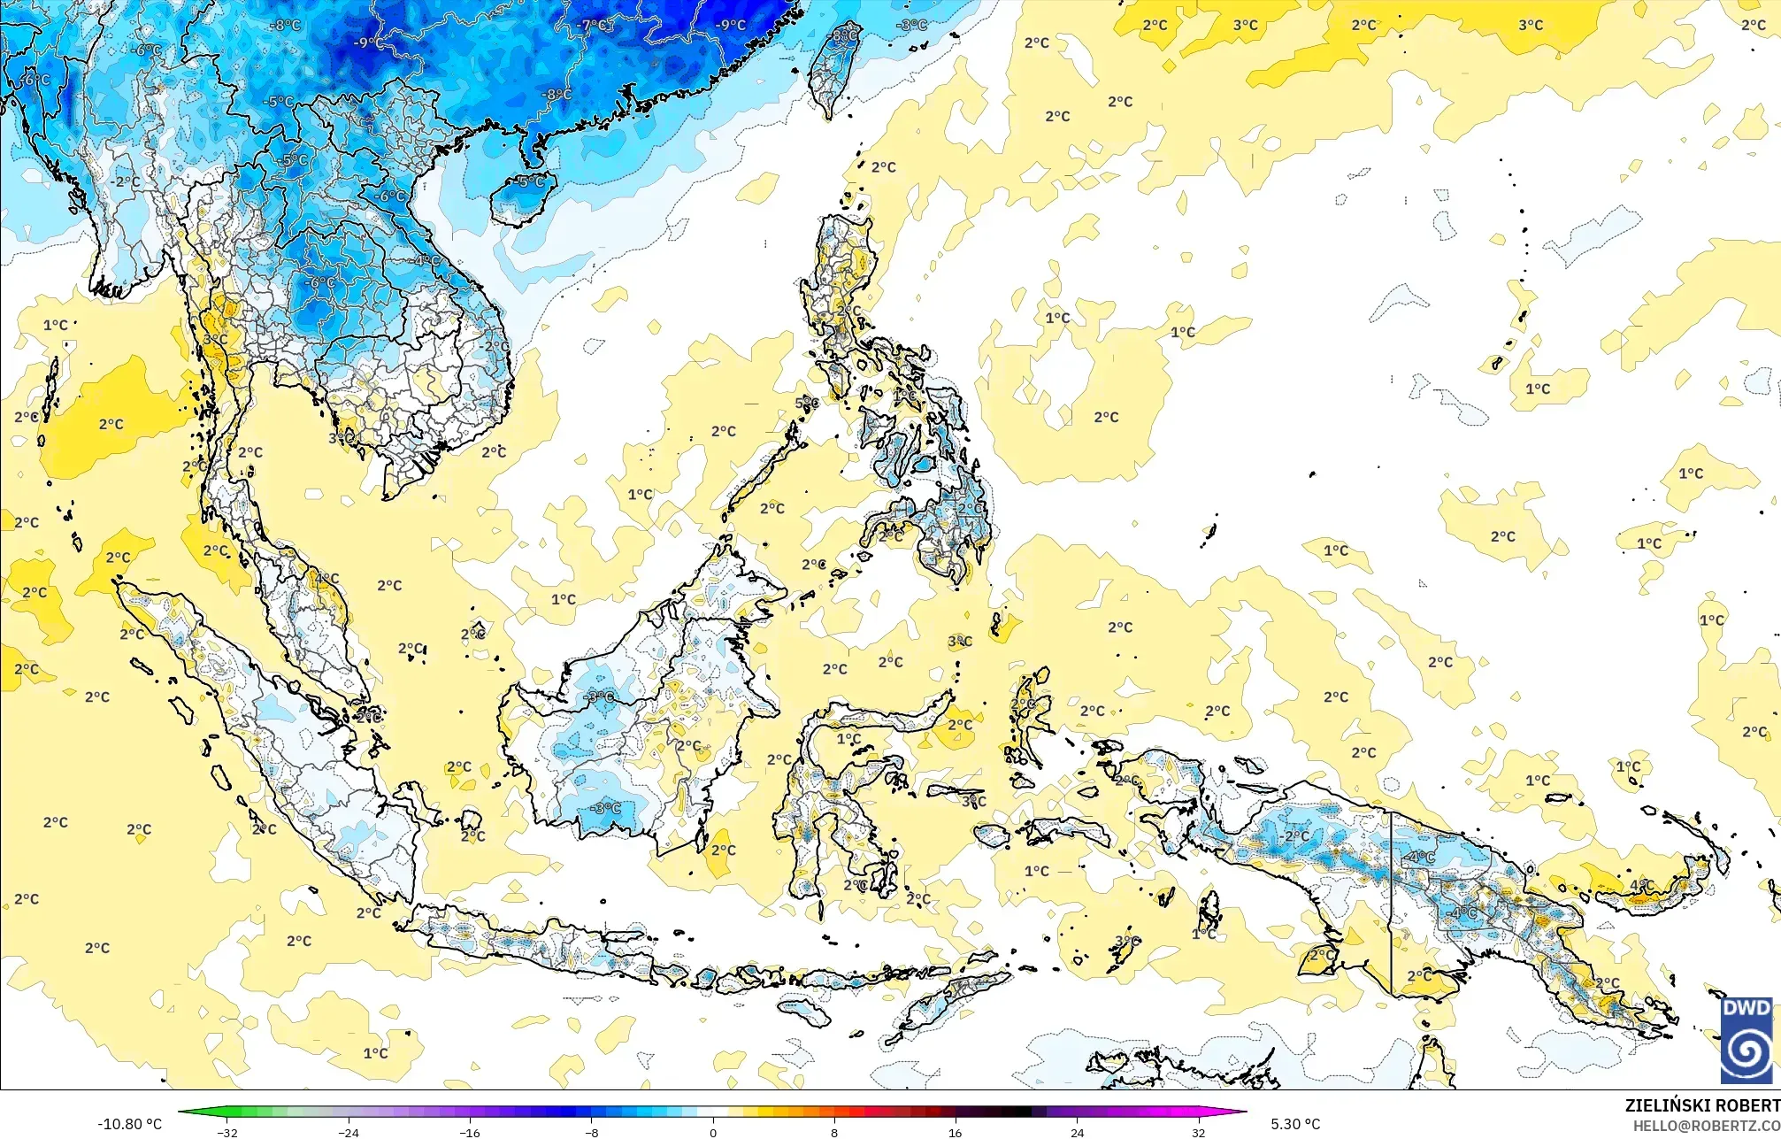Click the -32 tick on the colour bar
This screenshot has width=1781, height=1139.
click(x=227, y=1132)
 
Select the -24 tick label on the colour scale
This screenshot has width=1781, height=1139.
click(x=349, y=1132)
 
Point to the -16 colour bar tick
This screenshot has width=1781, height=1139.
click(x=470, y=1132)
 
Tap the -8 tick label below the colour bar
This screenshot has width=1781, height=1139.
click(x=591, y=1132)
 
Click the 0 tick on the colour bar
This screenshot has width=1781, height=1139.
click(x=713, y=1132)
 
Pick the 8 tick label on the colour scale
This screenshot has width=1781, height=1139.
click(x=834, y=1132)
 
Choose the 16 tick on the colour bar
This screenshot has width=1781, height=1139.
click(x=956, y=1132)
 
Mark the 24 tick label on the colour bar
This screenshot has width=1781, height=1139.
click(x=1077, y=1132)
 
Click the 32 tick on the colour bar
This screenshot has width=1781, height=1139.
click(x=1198, y=1132)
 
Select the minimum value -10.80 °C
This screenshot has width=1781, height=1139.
click(x=129, y=1124)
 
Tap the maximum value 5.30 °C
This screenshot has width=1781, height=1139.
click(x=1295, y=1124)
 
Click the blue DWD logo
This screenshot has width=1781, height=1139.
click(x=1746, y=1040)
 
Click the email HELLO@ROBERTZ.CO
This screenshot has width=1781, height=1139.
click(x=1707, y=1126)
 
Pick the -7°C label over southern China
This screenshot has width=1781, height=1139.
click(x=593, y=26)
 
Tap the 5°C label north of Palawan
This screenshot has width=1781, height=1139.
click(x=807, y=403)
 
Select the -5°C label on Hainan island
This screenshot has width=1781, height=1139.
click(x=531, y=181)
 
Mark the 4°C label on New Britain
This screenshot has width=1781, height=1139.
click(x=1641, y=885)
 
